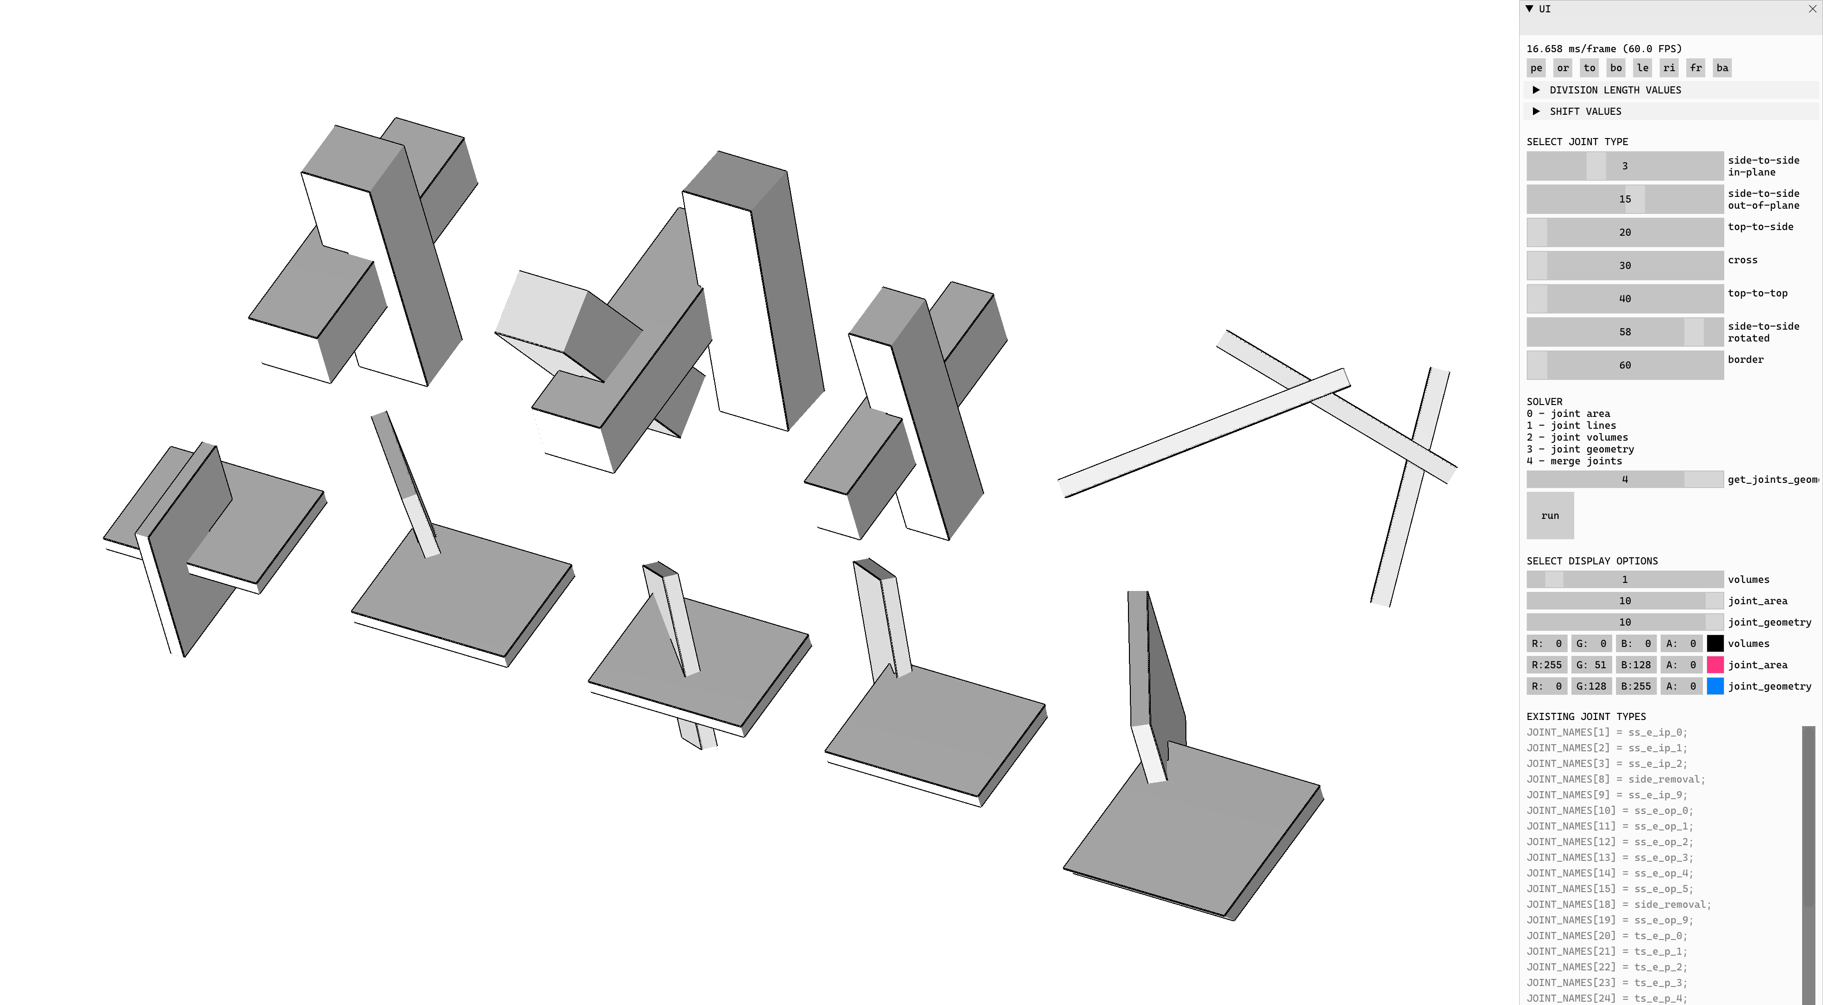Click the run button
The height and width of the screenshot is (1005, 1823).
1550,516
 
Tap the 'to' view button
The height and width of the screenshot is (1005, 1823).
1589,68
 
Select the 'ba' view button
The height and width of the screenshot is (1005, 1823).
1722,68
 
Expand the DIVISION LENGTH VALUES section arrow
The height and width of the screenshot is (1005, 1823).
1536,90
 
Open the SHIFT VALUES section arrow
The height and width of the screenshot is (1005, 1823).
1536,111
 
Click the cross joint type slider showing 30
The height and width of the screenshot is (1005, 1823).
1625,265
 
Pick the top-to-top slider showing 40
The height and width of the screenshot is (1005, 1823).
1625,298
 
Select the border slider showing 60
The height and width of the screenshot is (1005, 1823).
1625,365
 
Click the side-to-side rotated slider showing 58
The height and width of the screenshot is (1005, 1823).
1625,332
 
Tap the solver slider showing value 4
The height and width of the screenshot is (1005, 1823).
1625,479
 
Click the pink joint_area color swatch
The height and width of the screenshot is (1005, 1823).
1715,665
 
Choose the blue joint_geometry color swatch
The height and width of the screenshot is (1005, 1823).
1715,686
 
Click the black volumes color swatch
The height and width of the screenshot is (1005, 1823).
1715,644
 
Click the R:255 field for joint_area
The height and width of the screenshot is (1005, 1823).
1546,665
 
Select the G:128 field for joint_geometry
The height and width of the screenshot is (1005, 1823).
1591,686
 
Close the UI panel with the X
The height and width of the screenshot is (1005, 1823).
1813,9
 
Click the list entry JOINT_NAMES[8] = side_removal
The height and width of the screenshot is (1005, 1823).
1616,779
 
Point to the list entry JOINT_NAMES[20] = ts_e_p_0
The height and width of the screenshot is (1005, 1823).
1607,936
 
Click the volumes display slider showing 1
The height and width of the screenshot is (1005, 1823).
1625,579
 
